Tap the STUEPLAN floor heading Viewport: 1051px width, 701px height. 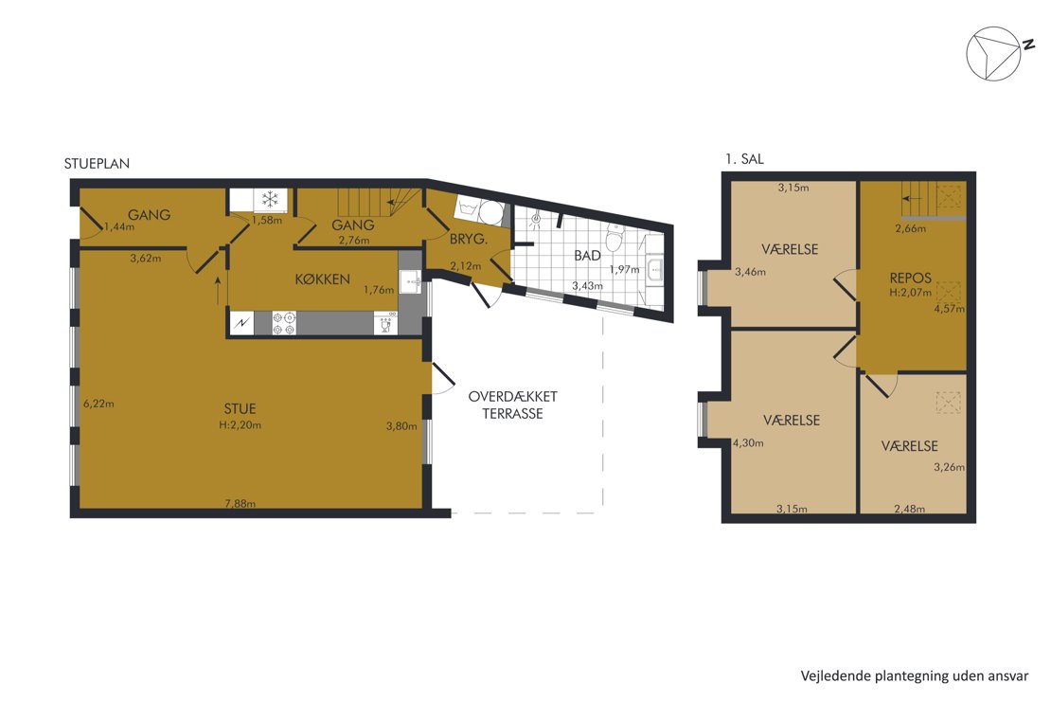point(98,163)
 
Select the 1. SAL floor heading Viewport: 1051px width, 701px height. point(744,159)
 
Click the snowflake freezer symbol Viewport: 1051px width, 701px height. point(270,199)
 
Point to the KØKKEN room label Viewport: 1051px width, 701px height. point(323,279)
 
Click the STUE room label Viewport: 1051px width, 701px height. point(240,408)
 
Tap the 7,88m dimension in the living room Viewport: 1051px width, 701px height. point(240,503)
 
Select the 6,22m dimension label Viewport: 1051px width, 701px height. point(98,404)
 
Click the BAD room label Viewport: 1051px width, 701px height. point(587,256)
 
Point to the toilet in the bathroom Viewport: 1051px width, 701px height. point(615,237)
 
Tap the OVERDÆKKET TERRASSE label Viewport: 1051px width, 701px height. point(513,405)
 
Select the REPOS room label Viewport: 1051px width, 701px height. point(910,278)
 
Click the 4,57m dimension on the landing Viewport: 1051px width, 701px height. point(950,309)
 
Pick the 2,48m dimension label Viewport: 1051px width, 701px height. point(910,509)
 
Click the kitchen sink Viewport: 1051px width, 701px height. point(410,281)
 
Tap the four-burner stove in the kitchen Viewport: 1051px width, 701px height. point(284,323)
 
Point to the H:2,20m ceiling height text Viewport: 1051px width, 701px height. point(240,424)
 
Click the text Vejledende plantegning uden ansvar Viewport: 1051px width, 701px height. point(915,675)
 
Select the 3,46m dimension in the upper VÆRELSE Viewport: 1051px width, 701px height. point(750,272)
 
